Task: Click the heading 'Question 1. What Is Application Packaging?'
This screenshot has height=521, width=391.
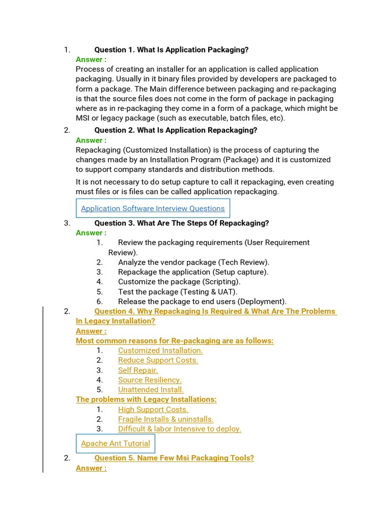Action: point(172,50)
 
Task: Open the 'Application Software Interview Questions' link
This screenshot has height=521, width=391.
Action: point(153,209)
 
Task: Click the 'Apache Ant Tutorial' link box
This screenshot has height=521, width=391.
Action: point(116,444)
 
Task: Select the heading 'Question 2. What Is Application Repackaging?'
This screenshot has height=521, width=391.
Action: point(176,130)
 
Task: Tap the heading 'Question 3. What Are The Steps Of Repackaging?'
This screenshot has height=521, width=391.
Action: point(182,223)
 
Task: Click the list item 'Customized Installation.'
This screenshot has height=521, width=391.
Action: point(160,351)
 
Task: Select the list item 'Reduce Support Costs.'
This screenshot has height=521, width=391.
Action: point(158,360)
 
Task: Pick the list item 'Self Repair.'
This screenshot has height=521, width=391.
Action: point(138,370)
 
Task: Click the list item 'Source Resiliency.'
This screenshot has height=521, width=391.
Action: point(150,380)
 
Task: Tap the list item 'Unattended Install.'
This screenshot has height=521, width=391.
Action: point(151,390)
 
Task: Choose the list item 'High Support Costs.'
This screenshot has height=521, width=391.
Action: point(153,410)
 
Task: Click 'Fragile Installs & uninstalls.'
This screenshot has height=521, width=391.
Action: point(165,419)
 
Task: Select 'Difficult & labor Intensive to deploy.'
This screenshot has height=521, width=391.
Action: point(180,429)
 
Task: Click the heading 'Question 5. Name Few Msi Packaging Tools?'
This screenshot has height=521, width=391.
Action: point(174,458)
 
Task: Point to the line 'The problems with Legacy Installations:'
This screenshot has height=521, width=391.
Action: point(146,399)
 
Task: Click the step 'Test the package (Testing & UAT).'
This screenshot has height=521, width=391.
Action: point(178,292)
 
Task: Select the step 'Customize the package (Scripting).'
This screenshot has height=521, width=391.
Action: point(179,282)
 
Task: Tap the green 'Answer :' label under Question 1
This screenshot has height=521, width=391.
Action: point(91,60)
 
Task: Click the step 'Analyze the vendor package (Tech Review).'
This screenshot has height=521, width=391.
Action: point(193,263)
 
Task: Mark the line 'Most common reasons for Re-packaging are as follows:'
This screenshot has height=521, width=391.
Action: point(175,341)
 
